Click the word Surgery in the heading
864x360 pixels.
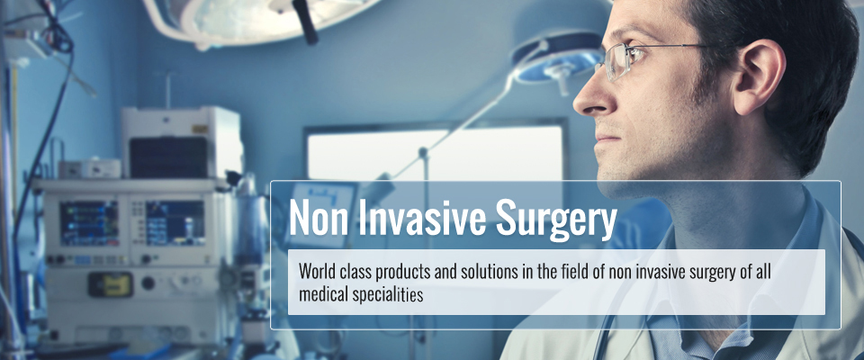coord(555,217)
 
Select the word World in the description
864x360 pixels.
coord(316,272)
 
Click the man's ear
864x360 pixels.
coord(760,77)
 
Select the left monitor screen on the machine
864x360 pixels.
coord(89,222)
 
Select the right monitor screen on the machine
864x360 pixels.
coord(175,222)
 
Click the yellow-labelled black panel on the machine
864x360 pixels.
coord(111,284)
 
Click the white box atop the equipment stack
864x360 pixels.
coord(182,142)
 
